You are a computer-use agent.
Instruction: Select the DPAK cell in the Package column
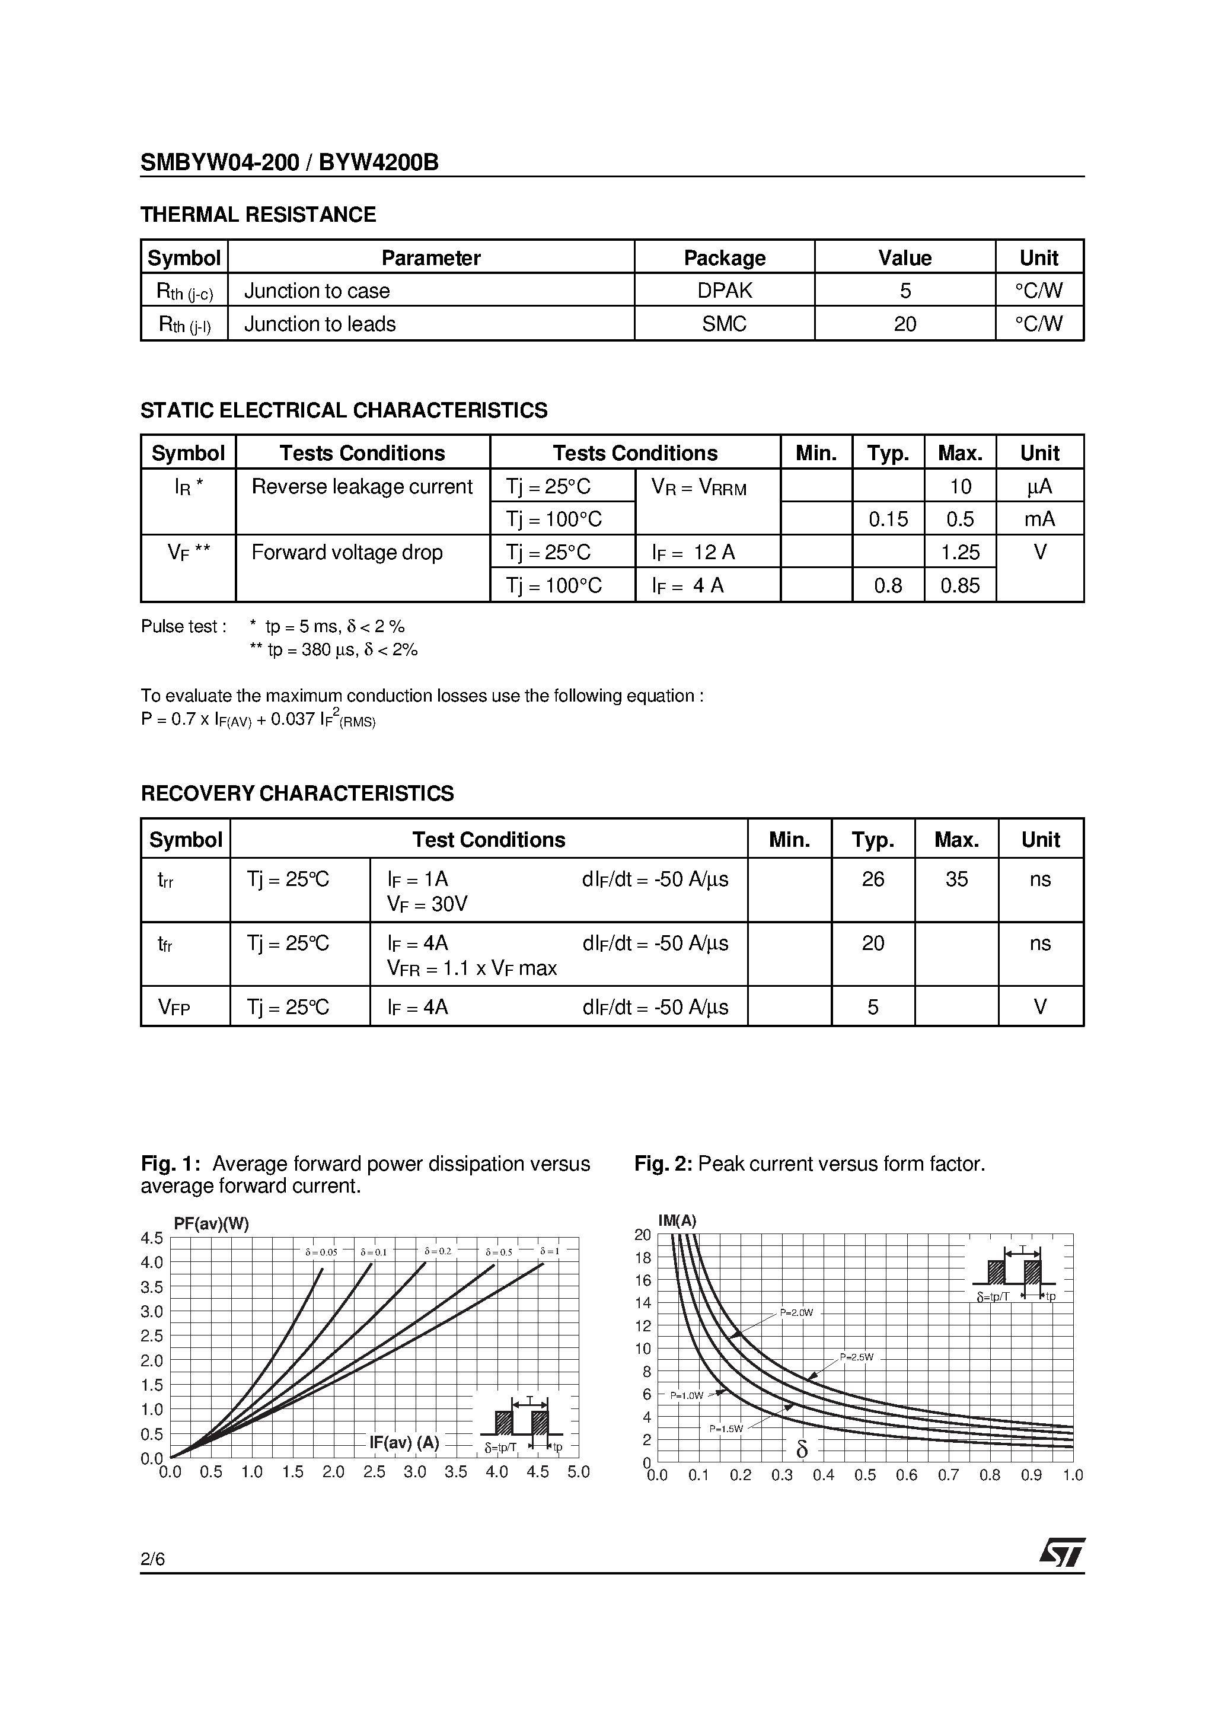[x=725, y=291]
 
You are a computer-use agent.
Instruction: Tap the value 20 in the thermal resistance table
[x=904, y=324]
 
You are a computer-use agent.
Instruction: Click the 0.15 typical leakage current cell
[x=888, y=519]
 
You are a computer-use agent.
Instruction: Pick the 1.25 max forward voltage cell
[x=960, y=553]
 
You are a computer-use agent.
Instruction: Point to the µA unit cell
[x=1039, y=486]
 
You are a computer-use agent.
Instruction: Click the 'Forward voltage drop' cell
[x=347, y=553]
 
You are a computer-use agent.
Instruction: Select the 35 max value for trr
[x=956, y=879]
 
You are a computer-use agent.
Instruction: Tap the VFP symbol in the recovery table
[x=174, y=1008]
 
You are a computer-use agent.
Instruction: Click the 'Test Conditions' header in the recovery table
[x=488, y=840]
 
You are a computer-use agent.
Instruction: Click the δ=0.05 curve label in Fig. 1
[x=321, y=1252]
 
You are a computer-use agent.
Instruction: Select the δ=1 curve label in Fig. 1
[x=549, y=1251]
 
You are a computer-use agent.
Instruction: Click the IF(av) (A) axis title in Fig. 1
[x=404, y=1442]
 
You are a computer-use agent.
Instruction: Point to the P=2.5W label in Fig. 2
[x=856, y=1357]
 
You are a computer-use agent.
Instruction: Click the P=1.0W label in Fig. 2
[x=687, y=1395]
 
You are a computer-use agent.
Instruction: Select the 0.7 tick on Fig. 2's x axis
[x=948, y=1475]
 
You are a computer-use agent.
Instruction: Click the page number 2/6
[x=152, y=1559]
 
